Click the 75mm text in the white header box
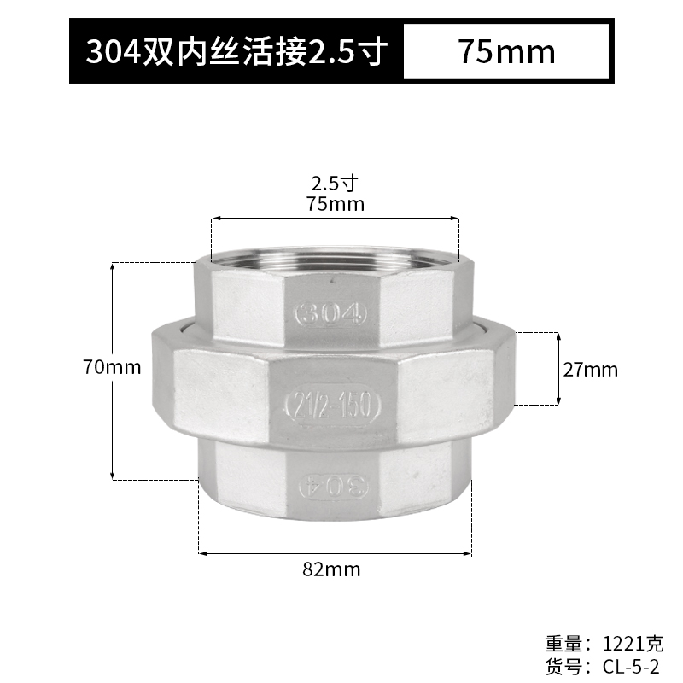(506, 52)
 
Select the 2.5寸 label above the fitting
(335, 183)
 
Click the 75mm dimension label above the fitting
(335, 204)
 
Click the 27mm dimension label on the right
(590, 370)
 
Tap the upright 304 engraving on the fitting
(330, 315)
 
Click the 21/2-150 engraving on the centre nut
(331, 406)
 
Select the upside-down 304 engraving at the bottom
(332, 486)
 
